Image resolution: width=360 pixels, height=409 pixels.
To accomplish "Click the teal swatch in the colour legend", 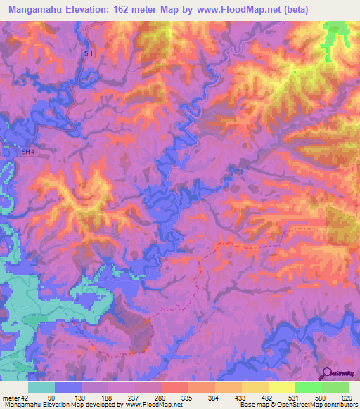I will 41,387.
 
